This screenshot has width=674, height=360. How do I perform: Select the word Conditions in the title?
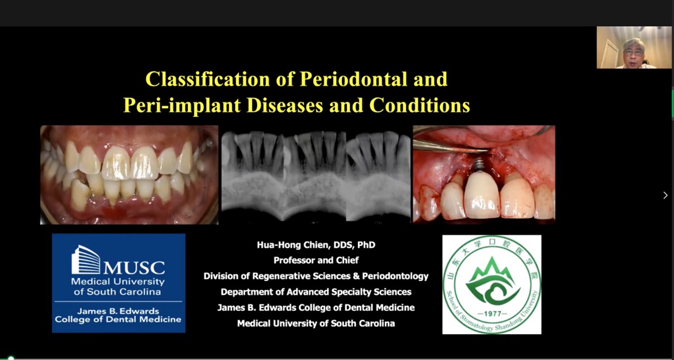[x=420, y=105]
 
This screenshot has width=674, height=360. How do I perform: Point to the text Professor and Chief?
[x=316, y=260]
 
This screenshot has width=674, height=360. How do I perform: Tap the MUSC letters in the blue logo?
[x=134, y=267]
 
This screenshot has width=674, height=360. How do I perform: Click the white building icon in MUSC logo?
[x=86, y=260]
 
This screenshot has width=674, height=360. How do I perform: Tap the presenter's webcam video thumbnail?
[x=634, y=47]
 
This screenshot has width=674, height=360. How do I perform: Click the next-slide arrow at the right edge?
[x=665, y=195]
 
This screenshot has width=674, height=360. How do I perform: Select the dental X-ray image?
[x=316, y=175]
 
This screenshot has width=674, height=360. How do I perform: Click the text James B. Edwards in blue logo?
[x=118, y=311]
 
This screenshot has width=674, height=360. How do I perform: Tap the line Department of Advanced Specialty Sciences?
[x=316, y=292]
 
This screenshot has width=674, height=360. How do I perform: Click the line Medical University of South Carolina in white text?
[x=316, y=324]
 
